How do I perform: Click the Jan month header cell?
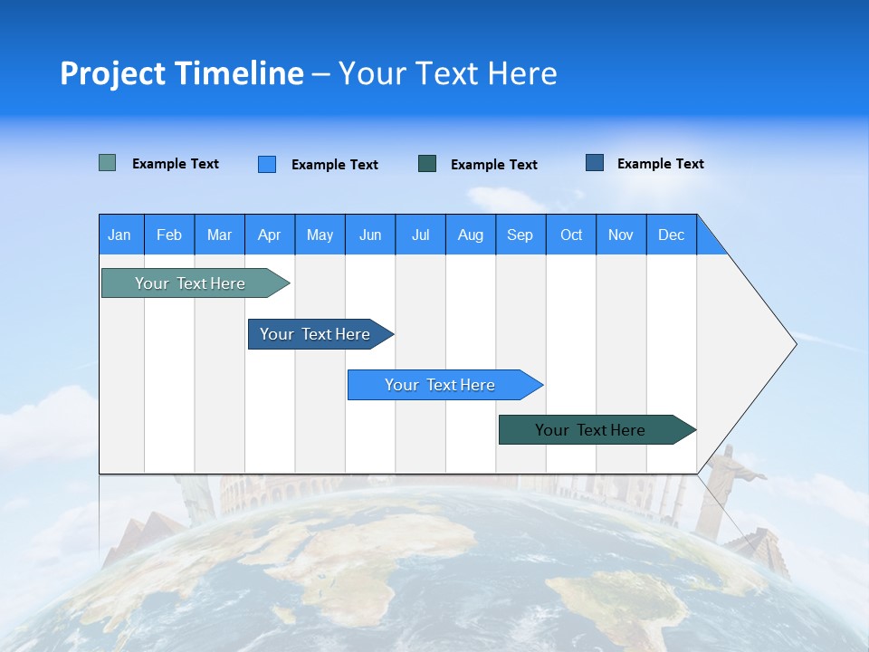tap(120, 235)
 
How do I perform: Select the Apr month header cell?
tap(269, 235)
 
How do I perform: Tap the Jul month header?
tap(420, 235)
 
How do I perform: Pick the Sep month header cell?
tap(520, 235)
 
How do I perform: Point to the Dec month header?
tap(671, 235)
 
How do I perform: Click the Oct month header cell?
tap(571, 235)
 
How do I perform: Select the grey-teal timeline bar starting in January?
tap(191, 283)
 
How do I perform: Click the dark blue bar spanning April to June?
tap(316, 334)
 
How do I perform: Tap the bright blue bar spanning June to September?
tap(441, 385)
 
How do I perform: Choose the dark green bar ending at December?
tap(591, 430)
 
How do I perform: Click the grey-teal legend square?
tap(107, 163)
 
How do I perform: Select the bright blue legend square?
tap(267, 164)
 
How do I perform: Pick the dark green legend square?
tap(427, 163)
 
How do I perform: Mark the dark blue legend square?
tap(595, 162)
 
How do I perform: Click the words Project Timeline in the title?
tap(181, 73)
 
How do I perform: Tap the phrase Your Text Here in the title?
tap(447, 73)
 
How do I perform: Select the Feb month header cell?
tap(169, 235)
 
